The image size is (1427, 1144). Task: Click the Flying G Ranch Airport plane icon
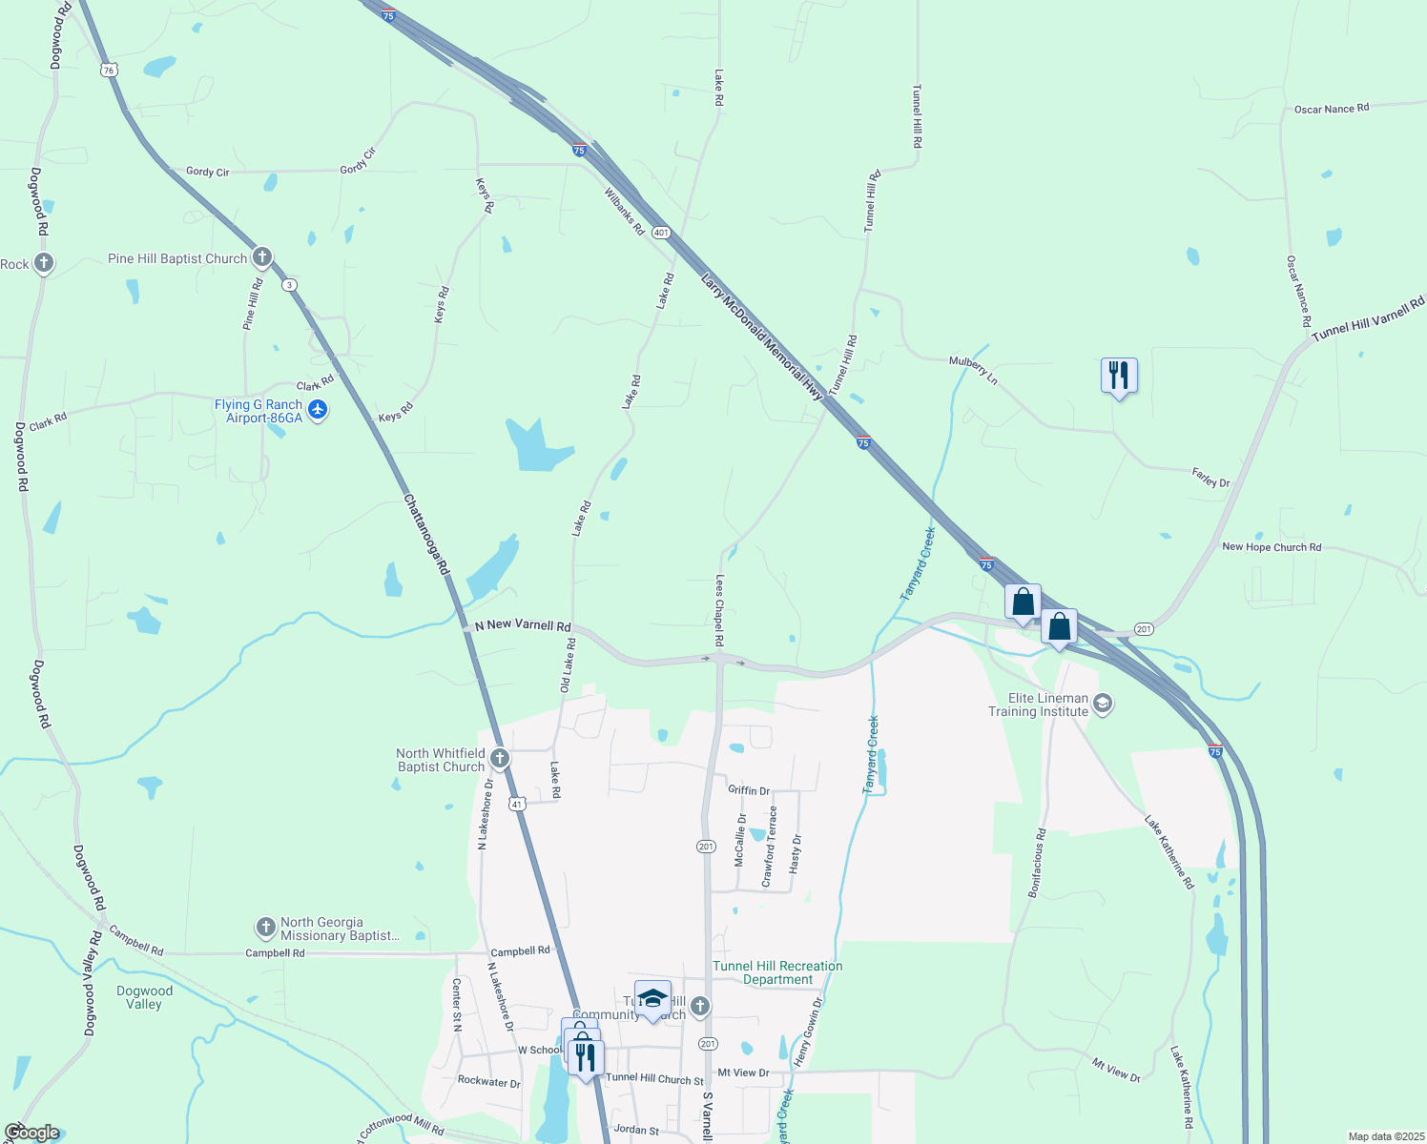click(x=318, y=410)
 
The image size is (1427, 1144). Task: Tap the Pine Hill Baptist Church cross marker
click(x=262, y=257)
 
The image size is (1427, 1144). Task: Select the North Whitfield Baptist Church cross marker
click(x=499, y=759)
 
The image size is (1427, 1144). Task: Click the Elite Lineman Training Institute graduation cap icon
click(x=1102, y=705)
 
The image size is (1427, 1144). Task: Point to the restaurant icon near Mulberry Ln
click(x=1119, y=376)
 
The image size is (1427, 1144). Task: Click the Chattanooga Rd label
click(x=425, y=534)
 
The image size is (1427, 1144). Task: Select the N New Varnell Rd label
click(x=523, y=625)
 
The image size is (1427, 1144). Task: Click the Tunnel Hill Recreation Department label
click(x=777, y=972)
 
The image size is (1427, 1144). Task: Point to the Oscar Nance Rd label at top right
click(x=1331, y=109)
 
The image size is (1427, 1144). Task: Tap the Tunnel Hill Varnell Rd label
click(x=1367, y=318)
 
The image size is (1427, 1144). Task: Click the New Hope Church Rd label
click(x=1272, y=547)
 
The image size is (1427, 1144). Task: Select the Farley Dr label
click(x=1210, y=478)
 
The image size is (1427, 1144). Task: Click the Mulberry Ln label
click(x=973, y=370)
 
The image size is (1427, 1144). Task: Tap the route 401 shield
click(x=662, y=233)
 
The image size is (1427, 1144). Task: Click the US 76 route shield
click(x=110, y=70)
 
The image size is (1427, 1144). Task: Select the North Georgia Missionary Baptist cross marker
click(x=265, y=927)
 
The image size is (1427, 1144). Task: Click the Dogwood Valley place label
click(x=144, y=997)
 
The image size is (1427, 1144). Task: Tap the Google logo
click(x=31, y=1133)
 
